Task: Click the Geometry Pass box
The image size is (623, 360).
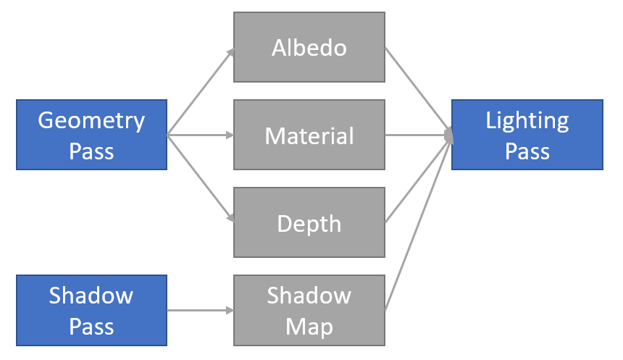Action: tap(91, 135)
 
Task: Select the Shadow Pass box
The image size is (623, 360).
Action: tap(91, 310)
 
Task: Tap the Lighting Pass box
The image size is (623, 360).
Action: tap(527, 135)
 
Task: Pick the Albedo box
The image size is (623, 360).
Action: tap(309, 48)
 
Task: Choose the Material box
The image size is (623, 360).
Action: tap(309, 135)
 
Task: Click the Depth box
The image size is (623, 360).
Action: tap(309, 223)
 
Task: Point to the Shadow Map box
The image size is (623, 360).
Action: tap(309, 311)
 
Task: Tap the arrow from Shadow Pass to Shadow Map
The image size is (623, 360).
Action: tap(201, 311)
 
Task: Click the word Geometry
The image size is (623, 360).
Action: tap(91, 120)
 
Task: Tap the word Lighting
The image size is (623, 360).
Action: tap(527, 120)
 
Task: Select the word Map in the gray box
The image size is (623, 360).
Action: tap(309, 326)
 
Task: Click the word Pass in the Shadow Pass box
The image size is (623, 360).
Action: tap(91, 326)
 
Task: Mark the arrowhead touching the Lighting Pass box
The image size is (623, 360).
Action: tap(448, 134)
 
